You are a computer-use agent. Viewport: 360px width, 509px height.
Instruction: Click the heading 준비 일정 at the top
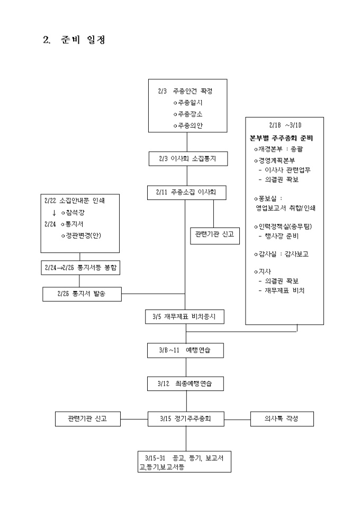pos(82,40)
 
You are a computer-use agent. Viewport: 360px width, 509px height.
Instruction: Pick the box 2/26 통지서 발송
pos(82,294)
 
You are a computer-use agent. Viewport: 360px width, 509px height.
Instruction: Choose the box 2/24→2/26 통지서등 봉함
pos(81,268)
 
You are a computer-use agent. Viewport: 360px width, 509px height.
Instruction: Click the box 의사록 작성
pos(281,419)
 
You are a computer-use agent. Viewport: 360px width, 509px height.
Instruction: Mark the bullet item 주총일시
pos(188,102)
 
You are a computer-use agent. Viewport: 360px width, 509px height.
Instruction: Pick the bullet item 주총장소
pos(188,114)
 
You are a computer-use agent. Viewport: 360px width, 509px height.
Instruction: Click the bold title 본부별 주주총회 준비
pos(282,138)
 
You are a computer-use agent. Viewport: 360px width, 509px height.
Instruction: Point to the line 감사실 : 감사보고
pos(281,254)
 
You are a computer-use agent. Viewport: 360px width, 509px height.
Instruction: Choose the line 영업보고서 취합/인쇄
pos(286,208)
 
